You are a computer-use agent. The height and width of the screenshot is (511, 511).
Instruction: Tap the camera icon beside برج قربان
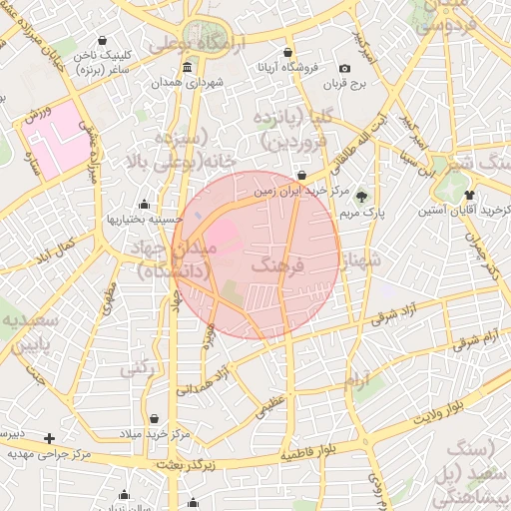(x=345, y=68)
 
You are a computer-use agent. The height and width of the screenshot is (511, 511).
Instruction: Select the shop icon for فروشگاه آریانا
(x=288, y=53)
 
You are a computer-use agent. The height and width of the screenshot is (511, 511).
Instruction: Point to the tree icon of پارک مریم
(x=361, y=196)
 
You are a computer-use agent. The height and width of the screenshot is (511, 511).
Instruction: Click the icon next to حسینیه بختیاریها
(x=144, y=204)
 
